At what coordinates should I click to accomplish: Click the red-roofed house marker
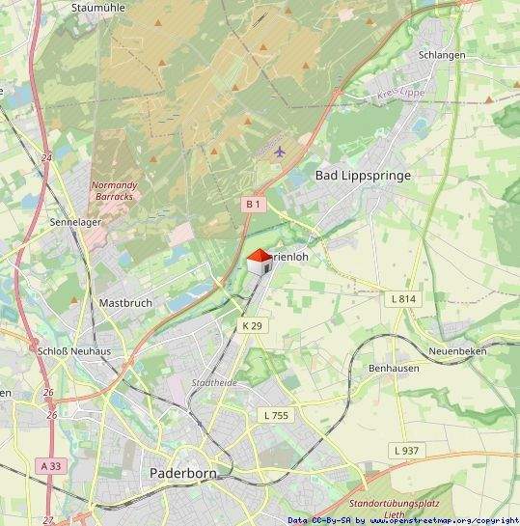tap(259, 262)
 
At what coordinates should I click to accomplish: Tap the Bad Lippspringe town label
tap(363, 176)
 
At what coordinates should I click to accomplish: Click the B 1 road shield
tap(253, 204)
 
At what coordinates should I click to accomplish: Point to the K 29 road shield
tap(252, 326)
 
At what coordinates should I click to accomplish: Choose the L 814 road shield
tap(404, 299)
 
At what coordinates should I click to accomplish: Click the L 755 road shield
tap(275, 415)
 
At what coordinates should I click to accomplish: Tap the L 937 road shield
tap(406, 451)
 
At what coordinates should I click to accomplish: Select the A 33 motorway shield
tap(51, 465)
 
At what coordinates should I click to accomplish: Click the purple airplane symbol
tap(280, 151)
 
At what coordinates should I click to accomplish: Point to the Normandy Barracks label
tap(114, 190)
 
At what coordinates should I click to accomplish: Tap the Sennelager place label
tap(74, 221)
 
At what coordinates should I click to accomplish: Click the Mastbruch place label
tap(125, 302)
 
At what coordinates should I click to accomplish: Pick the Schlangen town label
tap(442, 55)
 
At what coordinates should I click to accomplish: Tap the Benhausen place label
tap(393, 369)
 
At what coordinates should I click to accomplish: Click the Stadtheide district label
tap(214, 383)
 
